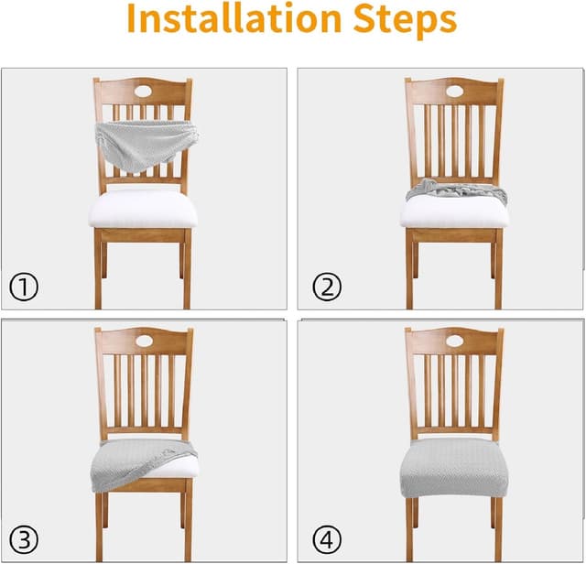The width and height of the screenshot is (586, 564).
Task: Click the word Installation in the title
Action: point(234,18)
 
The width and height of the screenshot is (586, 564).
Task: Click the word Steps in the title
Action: point(405,21)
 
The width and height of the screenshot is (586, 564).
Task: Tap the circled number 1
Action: point(24,287)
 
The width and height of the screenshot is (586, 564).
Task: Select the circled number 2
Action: point(327,287)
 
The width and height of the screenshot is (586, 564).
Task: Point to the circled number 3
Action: point(24,539)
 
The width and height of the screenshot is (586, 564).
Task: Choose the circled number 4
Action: point(327,539)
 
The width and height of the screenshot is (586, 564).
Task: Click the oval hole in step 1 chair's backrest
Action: point(145,91)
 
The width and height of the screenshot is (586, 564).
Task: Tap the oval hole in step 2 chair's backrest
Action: point(454,92)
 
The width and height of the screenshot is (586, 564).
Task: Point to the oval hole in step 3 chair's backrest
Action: point(146,341)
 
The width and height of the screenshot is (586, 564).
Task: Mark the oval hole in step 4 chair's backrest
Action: point(454,341)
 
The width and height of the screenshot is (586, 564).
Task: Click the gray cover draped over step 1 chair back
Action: point(146,144)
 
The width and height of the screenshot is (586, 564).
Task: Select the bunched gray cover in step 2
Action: point(456,191)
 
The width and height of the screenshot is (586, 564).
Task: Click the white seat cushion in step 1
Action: point(143,209)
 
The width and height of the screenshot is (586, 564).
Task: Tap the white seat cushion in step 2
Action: point(454,213)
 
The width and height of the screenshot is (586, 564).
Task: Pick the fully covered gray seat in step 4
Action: point(454,467)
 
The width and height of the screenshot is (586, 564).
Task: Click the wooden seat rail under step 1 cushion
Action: point(143,235)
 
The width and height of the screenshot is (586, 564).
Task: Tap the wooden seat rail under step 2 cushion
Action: point(454,235)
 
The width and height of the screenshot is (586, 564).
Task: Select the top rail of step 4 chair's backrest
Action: point(454,341)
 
